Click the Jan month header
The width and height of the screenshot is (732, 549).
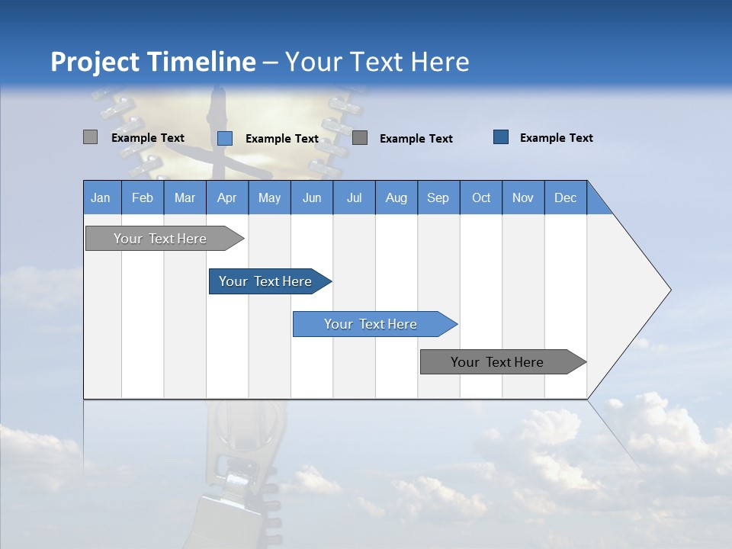(x=101, y=197)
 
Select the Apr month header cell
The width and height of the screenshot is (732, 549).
(x=226, y=197)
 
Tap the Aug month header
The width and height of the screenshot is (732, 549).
(x=396, y=197)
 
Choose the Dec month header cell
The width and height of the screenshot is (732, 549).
(x=565, y=197)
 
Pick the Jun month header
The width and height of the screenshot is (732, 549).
(x=311, y=197)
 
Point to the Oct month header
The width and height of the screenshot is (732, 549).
(x=480, y=197)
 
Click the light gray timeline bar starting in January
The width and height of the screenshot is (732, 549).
(x=160, y=239)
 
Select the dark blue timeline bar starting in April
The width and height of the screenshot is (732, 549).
(x=265, y=281)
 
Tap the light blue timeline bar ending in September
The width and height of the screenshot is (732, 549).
(x=371, y=324)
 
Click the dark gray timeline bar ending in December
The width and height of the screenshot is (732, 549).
(x=497, y=362)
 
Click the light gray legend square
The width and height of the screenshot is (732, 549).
(x=90, y=137)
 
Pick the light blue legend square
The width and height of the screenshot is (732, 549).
(x=224, y=138)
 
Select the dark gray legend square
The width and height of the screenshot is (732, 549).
(x=360, y=137)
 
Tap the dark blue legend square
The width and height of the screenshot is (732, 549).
(x=500, y=136)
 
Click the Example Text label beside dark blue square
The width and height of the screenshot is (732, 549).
(x=556, y=137)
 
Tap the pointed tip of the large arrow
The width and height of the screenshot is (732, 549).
(x=668, y=290)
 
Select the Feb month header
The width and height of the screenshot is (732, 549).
(x=142, y=197)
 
